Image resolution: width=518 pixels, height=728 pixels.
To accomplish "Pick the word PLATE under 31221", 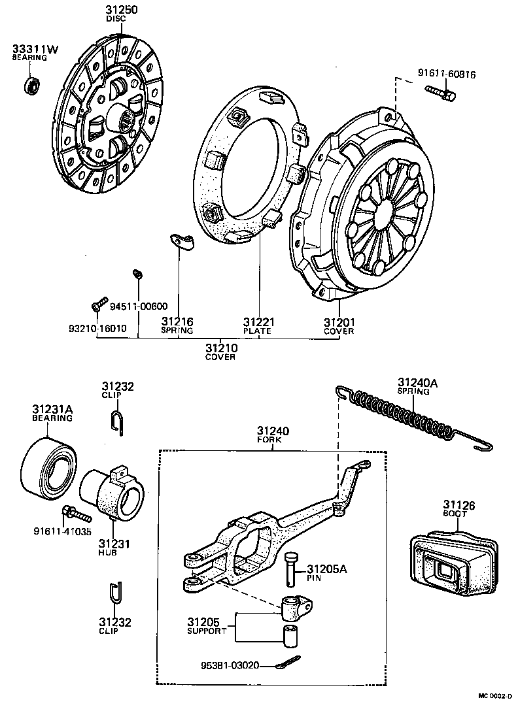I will point(257,331).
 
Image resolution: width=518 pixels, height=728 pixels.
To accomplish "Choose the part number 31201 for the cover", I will point(338,322).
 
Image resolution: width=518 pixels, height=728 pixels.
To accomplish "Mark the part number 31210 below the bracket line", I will point(220,348).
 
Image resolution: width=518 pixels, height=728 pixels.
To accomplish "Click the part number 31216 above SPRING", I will point(177,322).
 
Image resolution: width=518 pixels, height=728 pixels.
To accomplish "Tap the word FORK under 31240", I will point(272,440).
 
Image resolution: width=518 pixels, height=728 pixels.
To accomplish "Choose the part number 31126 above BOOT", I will point(458,505).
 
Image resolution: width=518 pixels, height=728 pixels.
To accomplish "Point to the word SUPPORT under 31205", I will point(207,631).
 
